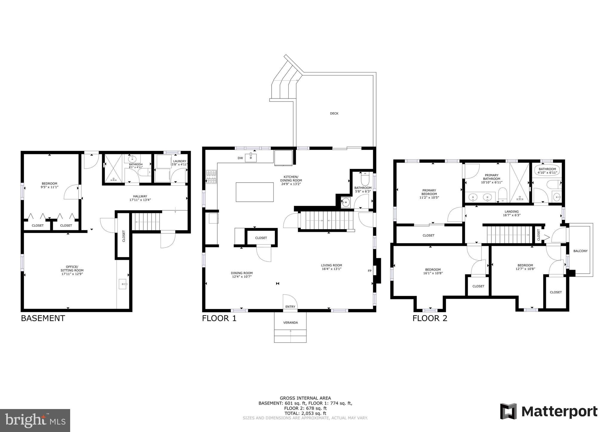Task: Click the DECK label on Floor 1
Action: pos(334,113)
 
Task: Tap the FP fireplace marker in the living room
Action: pos(370,271)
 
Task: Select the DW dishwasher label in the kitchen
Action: pos(240,158)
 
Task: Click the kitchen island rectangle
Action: pos(255,192)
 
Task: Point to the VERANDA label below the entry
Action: pos(290,323)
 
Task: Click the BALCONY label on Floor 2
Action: pos(580,251)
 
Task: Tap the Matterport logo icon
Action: pos(508,411)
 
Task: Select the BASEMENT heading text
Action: pos(43,318)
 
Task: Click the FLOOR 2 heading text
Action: pos(430,318)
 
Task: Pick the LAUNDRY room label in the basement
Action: pos(180,161)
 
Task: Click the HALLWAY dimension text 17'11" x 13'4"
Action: pos(140,200)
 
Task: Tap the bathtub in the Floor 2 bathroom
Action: pos(547,170)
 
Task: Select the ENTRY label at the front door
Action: pos(290,307)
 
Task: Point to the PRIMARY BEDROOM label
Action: pos(429,192)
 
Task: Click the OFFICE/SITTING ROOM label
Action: pos(72,269)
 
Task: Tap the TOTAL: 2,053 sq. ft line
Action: pos(305,413)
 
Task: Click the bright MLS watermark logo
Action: pos(35,421)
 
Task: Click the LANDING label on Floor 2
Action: pos(512,212)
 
